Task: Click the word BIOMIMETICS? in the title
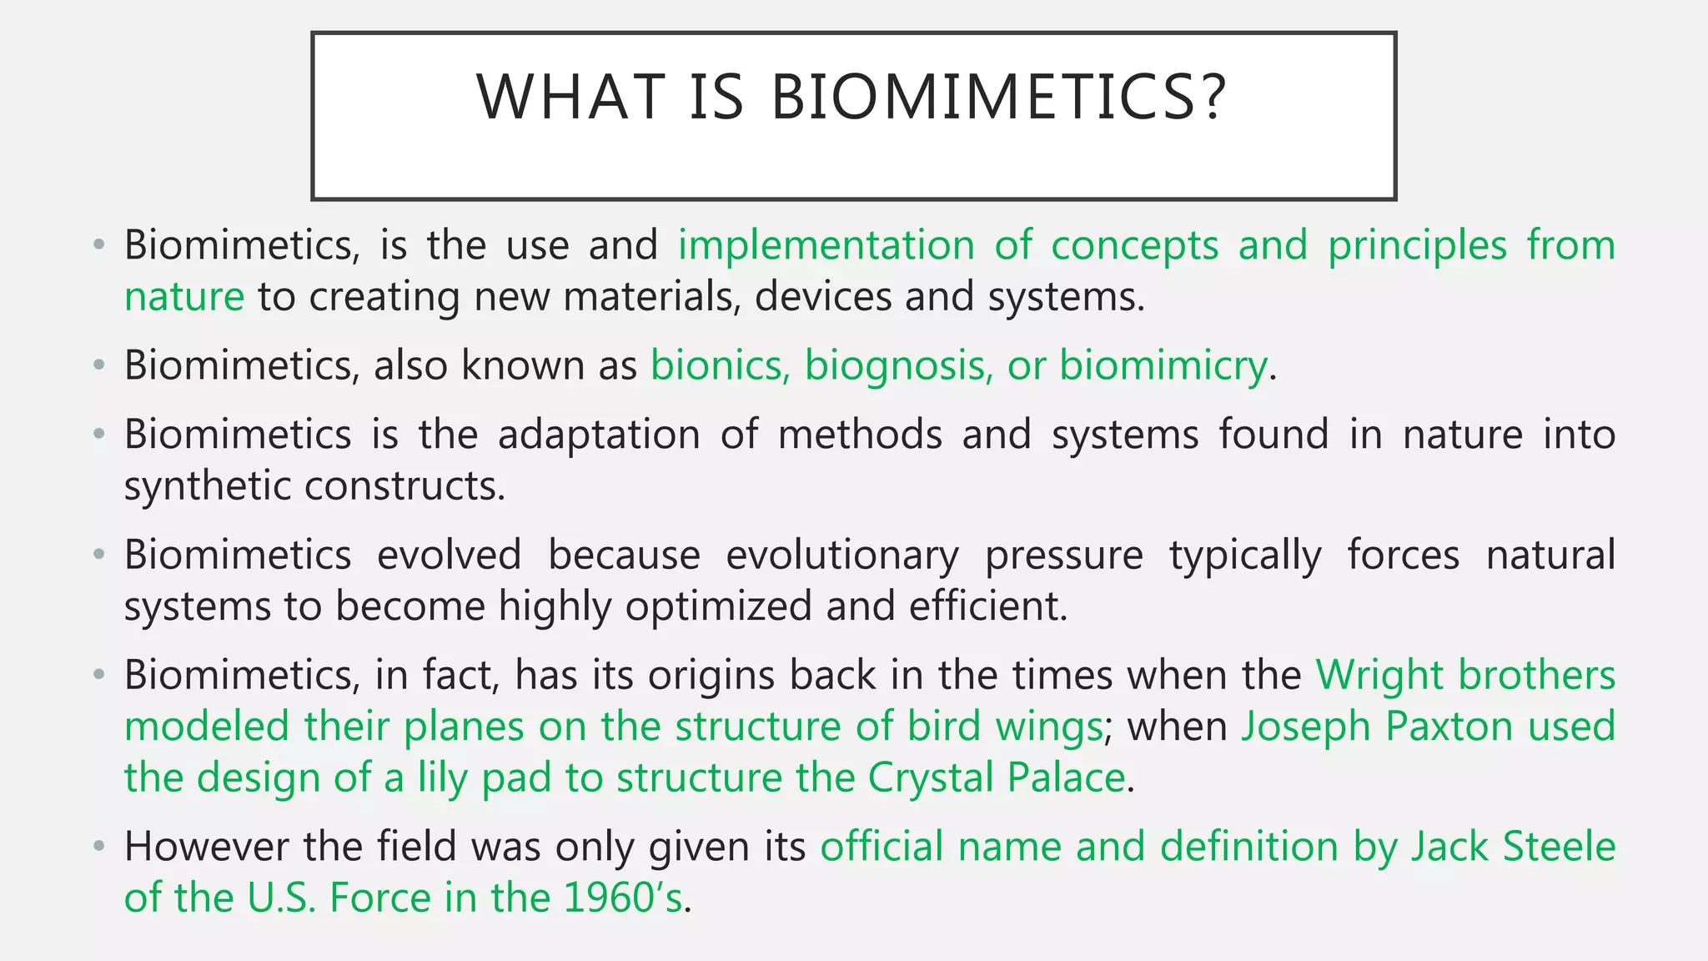tap(998, 97)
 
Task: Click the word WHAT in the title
tap(570, 97)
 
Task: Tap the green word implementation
tap(826, 246)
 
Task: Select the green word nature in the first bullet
tap(184, 298)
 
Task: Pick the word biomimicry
tap(1163, 366)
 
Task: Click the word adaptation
tap(599, 435)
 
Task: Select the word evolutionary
tap(842, 556)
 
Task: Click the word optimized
tap(718, 606)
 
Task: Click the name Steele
tap(1559, 848)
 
